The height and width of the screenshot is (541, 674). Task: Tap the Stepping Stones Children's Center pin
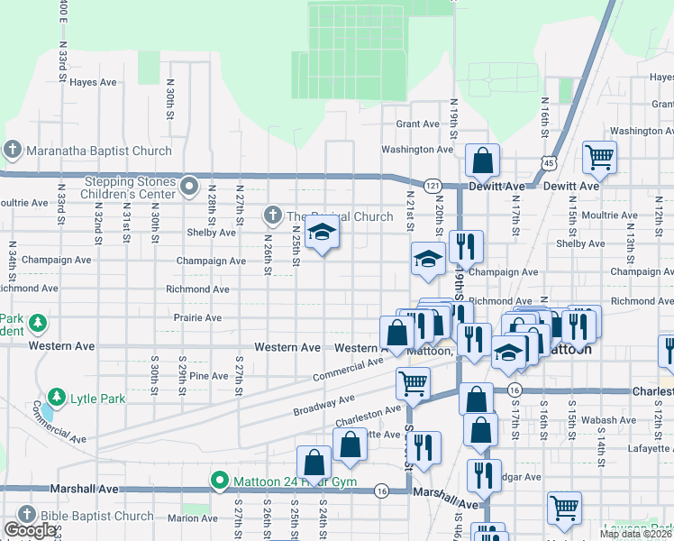188,187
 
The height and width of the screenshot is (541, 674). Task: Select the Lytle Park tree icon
56,397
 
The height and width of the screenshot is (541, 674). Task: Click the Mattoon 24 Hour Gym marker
219,481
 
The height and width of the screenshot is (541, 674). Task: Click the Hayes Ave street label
94,82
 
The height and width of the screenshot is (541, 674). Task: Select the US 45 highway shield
549,162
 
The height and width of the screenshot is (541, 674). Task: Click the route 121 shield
433,185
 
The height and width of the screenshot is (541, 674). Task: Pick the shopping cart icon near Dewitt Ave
599,158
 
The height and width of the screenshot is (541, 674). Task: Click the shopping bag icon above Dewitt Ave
483,161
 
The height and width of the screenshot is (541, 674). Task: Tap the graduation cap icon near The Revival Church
321,235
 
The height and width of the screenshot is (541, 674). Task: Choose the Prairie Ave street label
200,318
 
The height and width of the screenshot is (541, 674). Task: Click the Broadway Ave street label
323,405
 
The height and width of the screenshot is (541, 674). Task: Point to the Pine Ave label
208,376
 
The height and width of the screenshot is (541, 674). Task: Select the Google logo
30,530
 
